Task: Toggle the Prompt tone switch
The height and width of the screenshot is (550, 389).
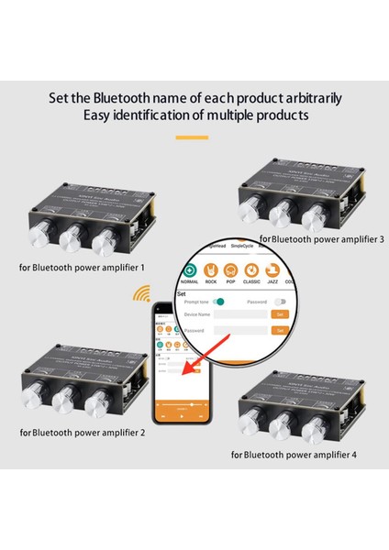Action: tap(218, 301)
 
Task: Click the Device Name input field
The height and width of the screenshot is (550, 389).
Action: tap(239, 313)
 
